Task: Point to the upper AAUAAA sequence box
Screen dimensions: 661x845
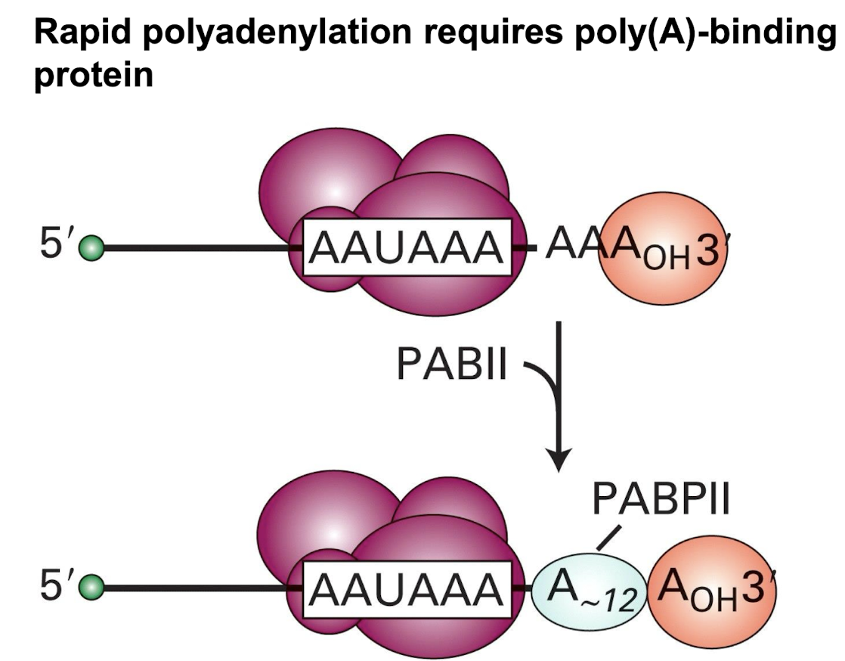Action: pos(405,247)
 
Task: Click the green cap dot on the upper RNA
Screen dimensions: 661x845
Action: pos(93,247)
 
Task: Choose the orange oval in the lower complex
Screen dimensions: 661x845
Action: pos(707,587)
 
